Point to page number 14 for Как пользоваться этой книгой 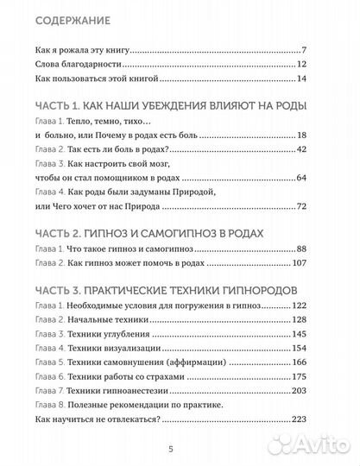coord(303,79)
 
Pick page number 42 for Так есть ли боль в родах coord(302,150)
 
